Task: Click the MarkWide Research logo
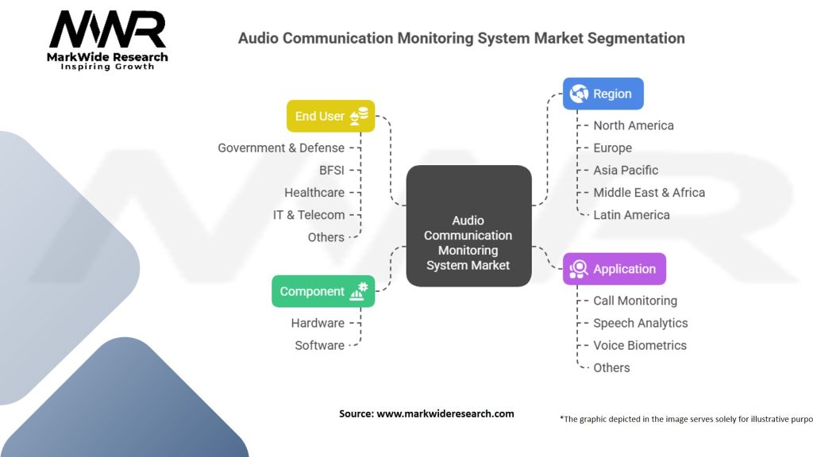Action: (x=108, y=40)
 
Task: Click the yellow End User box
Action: (x=330, y=116)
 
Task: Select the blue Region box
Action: (x=603, y=94)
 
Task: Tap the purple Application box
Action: (x=614, y=269)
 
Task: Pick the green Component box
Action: (x=322, y=291)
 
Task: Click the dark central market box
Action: (x=468, y=225)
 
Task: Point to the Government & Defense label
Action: (x=281, y=148)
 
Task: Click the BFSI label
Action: (x=332, y=170)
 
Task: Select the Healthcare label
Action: (x=314, y=192)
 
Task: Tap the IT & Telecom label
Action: (x=309, y=214)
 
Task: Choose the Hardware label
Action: (x=318, y=323)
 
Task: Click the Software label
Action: (x=319, y=345)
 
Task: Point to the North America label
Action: (x=634, y=125)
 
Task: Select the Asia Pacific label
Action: (x=626, y=170)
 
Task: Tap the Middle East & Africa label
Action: (x=649, y=192)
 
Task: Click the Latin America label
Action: (x=631, y=214)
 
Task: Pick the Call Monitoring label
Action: (x=635, y=301)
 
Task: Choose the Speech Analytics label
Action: (x=641, y=323)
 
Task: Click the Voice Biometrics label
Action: (x=640, y=345)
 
